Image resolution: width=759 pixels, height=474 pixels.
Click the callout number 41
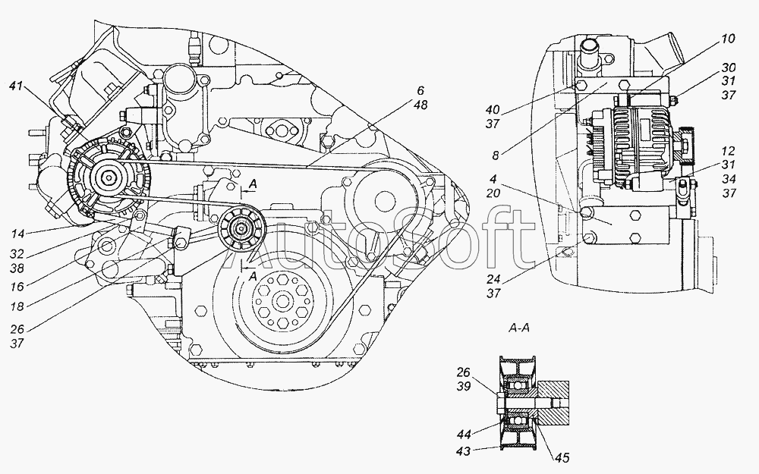tap(16, 86)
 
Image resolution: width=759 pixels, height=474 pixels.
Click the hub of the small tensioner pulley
tap(240, 227)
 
